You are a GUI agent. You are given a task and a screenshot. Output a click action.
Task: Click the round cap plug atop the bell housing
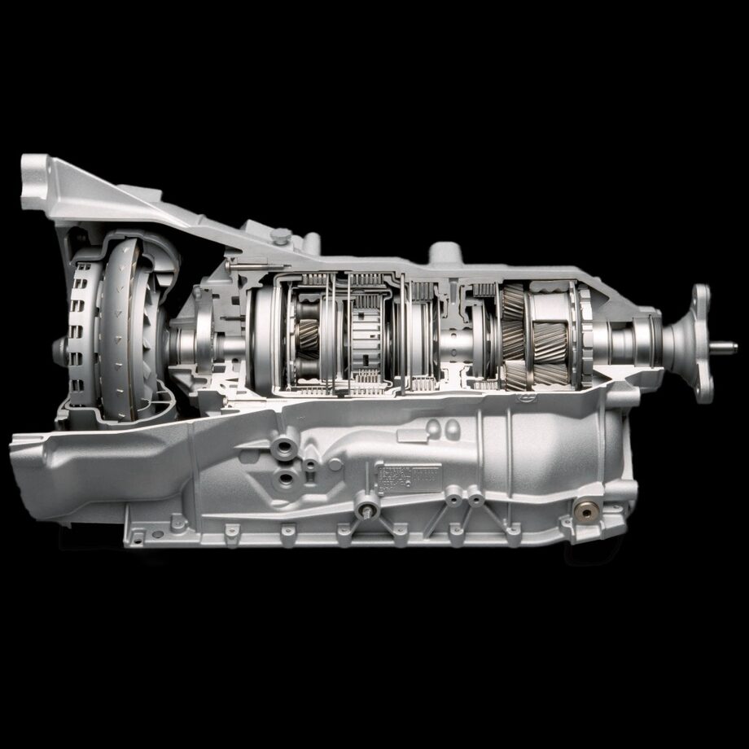pyautogui.click(x=282, y=236)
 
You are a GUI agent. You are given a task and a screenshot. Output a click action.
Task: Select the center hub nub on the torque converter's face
pyautogui.click(x=59, y=348)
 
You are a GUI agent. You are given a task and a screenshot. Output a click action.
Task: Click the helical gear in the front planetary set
pyautogui.click(x=309, y=335)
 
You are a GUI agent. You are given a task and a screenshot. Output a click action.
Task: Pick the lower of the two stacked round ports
pyautogui.click(x=284, y=477)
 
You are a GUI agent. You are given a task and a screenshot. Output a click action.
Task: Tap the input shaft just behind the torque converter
pyautogui.click(x=183, y=342)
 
